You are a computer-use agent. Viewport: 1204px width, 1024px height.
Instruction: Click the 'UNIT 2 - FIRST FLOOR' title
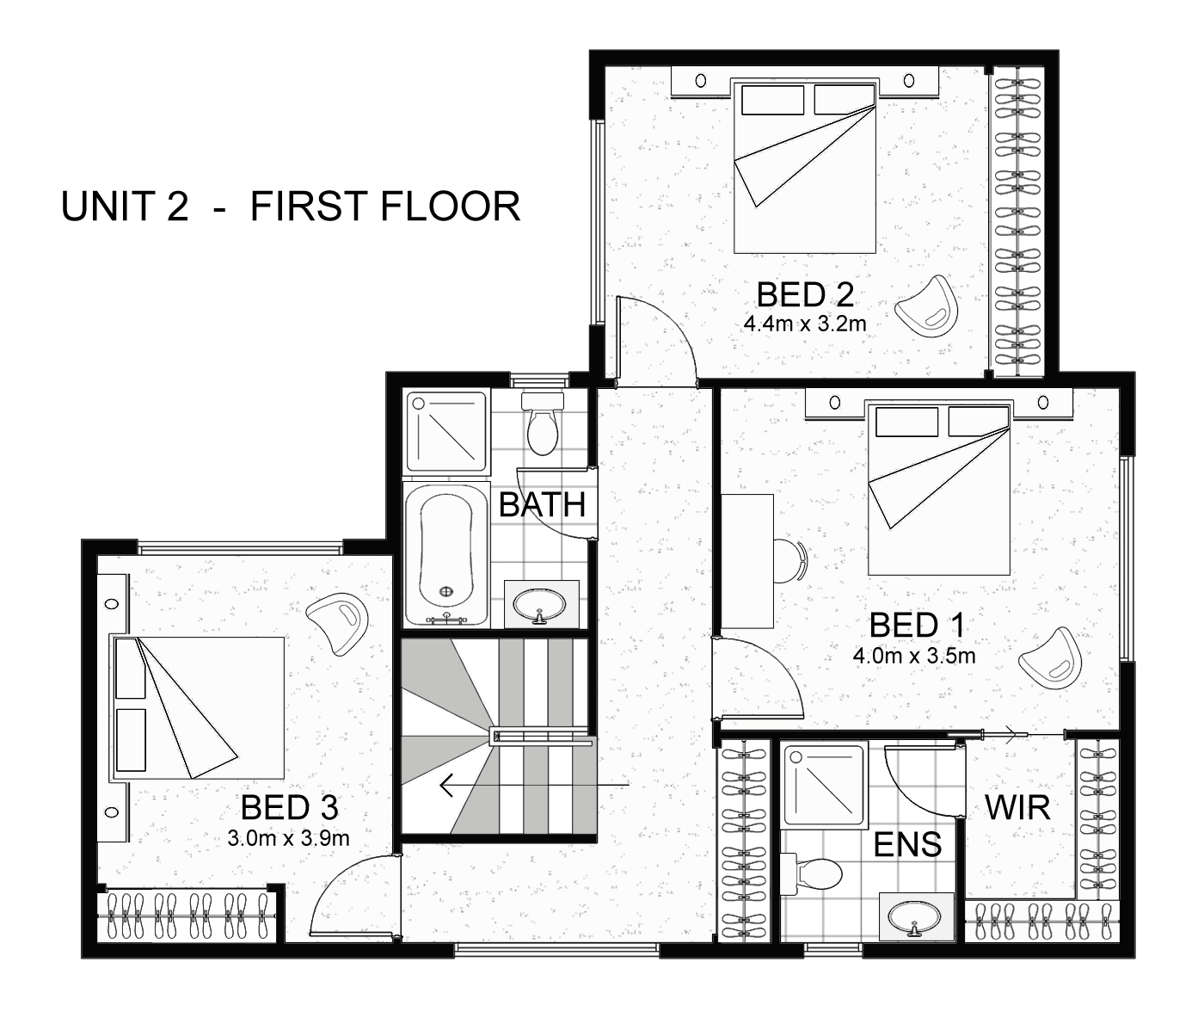pos(291,207)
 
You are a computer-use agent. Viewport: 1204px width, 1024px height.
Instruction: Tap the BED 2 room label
pos(805,295)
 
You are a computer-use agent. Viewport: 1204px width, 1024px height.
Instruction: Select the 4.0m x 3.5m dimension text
pos(914,656)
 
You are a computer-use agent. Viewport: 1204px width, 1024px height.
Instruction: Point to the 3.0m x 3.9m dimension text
pos(289,837)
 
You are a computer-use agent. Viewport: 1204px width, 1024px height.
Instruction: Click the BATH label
pos(542,505)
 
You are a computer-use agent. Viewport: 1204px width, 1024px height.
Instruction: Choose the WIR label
pos(1017,808)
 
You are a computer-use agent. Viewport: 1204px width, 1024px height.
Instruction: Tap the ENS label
pos(907,844)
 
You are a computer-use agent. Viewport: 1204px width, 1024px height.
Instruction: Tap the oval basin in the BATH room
pos(540,604)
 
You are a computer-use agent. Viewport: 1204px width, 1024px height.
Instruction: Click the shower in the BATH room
pos(446,432)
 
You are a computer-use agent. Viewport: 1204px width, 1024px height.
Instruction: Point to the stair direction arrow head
pos(445,786)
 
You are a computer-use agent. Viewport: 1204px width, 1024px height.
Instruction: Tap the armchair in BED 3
pos(341,620)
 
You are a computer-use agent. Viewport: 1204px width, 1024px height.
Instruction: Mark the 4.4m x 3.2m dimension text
pos(805,324)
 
